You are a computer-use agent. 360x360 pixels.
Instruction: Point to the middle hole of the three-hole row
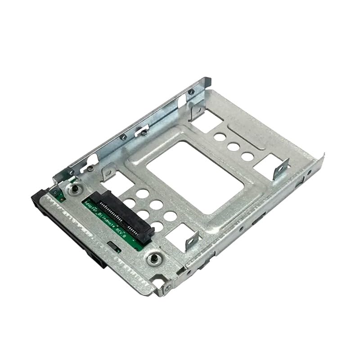click(233, 146)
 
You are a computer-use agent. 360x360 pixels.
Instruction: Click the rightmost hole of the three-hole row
click(247, 156)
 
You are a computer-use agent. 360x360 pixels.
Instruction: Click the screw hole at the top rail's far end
click(192, 92)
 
